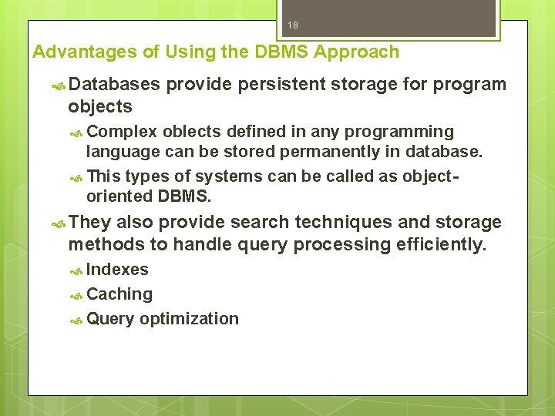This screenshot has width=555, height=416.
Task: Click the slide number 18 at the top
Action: tap(293, 25)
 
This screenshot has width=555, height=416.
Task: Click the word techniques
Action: tap(350, 223)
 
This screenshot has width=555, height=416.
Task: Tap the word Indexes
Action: tap(117, 270)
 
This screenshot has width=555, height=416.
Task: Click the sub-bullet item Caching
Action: tap(119, 294)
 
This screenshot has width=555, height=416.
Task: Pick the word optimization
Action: tap(189, 319)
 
